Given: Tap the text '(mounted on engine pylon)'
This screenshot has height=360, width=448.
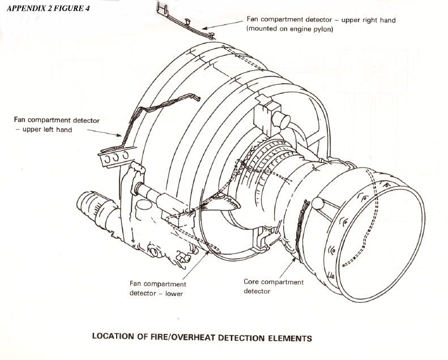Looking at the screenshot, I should tap(289, 29).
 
